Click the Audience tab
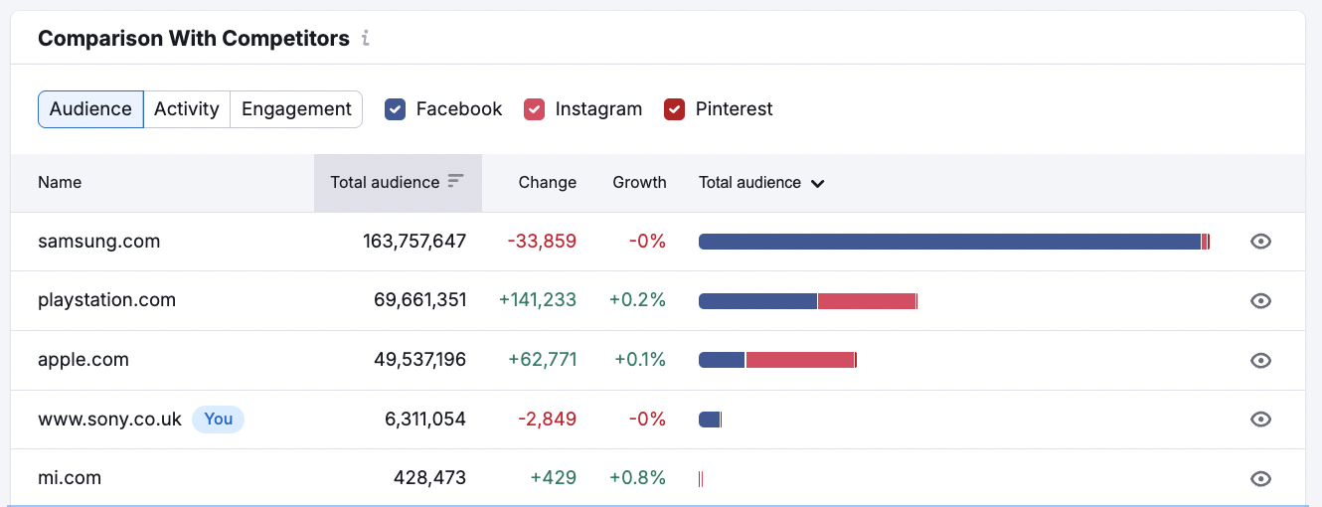click(x=90, y=109)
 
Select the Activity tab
click(x=186, y=109)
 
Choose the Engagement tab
click(x=296, y=109)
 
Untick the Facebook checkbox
click(x=396, y=109)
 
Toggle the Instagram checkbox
click(x=535, y=109)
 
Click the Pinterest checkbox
click(x=675, y=109)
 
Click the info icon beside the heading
click(x=366, y=39)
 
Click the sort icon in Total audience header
click(x=455, y=181)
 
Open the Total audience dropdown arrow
click(x=817, y=183)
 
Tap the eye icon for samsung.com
click(x=1260, y=242)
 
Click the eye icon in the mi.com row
click(x=1260, y=479)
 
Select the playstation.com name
click(x=106, y=300)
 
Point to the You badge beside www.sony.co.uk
click(x=218, y=420)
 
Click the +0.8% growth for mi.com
click(x=637, y=478)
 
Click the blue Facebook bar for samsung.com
click(x=949, y=242)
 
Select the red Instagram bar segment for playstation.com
click(x=866, y=300)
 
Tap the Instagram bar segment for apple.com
click(x=800, y=360)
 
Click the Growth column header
click(x=639, y=183)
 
